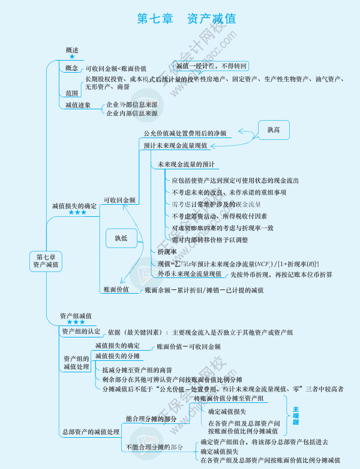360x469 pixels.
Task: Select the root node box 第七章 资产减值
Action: (46, 260)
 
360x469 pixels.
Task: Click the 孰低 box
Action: (121, 238)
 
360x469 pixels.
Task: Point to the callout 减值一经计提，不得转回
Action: (211, 65)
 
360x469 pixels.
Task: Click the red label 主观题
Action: (295, 416)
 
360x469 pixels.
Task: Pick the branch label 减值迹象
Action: (78, 104)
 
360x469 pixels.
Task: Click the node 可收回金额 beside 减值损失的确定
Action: (119, 200)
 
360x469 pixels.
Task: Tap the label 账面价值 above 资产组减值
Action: (116, 289)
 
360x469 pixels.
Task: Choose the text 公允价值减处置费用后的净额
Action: (184, 133)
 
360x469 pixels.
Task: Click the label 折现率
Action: (167, 252)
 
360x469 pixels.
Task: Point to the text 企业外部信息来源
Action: (131, 104)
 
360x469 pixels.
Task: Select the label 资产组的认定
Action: (81, 331)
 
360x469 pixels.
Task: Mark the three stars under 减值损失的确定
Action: (77, 213)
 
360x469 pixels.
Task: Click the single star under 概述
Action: (72, 56)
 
